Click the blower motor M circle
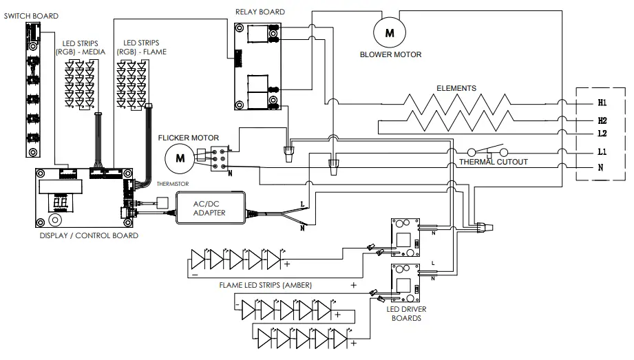pos(390,32)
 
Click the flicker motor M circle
pos(180,158)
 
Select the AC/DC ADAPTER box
pos(210,207)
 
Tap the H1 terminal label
pos(602,103)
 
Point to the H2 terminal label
pos(602,120)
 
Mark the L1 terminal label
pos(602,151)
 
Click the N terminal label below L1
pos(602,167)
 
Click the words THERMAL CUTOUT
pos(494,162)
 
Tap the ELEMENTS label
pos(456,88)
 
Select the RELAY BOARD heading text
pos(260,12)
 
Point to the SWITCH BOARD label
pos(31,15)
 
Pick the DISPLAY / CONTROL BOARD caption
pos(89,235)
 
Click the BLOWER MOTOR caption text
pos(391,54)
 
